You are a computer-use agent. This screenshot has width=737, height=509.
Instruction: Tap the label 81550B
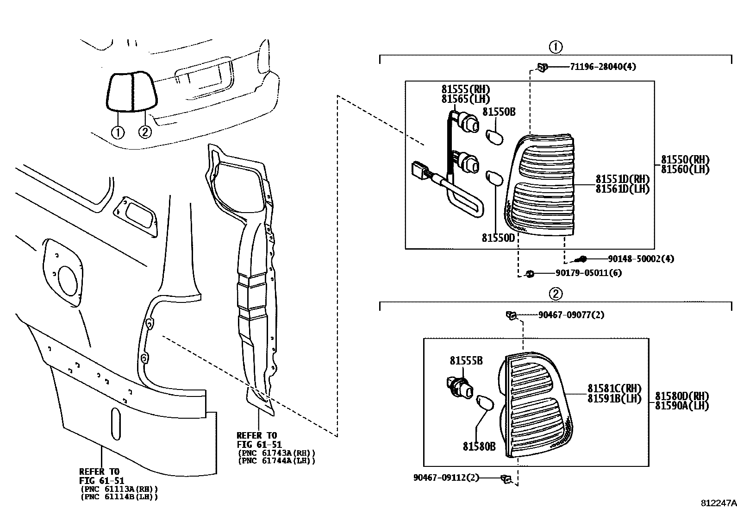pyautogui.click(x=499, y=112)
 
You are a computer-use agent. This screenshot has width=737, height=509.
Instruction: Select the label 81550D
pyautogui.click(x=498, y=238)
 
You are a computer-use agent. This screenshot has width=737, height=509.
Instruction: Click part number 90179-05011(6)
pyautogui.click(x=588, y=273)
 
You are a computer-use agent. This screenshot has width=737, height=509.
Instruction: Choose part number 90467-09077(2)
pyautogui.click(x=571, y=315)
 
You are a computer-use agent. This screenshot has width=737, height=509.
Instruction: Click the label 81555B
pyautogui.click(x=466, y=361)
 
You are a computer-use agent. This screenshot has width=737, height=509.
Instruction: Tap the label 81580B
pyautogui.click(x=479, y=446)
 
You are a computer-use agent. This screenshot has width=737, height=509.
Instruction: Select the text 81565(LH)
pyautogui.click(x=465, y=99)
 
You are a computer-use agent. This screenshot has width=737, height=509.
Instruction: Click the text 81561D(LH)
pyautogui.click(x=622, y=189)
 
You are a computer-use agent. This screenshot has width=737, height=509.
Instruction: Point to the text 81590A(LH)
pyautogui.click(x=682, y=406)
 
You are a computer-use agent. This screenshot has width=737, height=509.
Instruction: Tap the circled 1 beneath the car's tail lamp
pyautogui.click(x=118, y=132)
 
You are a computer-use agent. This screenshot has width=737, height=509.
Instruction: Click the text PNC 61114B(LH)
pyautogui.click(x=119, y=497)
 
